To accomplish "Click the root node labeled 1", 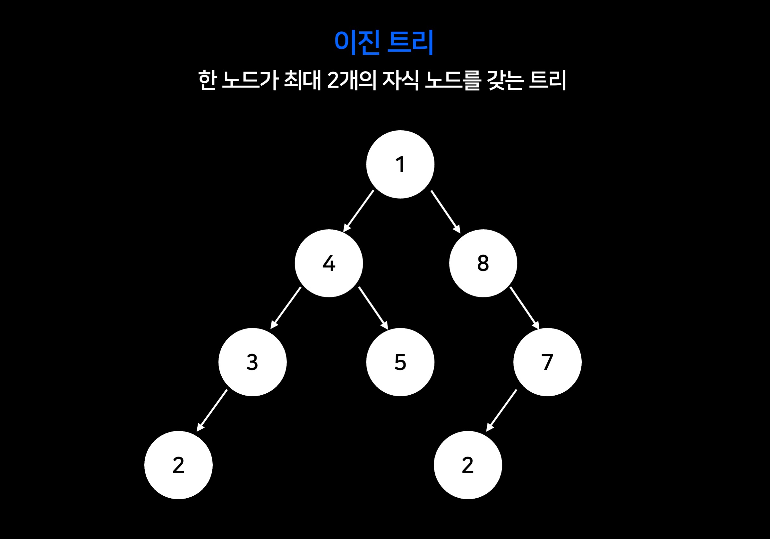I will [x=400, y=164].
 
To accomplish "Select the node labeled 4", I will [x=329, y=263].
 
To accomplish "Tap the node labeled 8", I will [x=483, y=263].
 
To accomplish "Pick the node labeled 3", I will [x=252, y=362].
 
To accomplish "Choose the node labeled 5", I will [x=400, y=362].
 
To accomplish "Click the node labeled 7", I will [x=547, y=362].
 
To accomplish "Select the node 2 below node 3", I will [x=178, y=465].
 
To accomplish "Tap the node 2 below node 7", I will [x=468, y=465].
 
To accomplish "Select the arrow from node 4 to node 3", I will [x=286, y=308].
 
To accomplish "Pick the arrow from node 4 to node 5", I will [x=373, y=308].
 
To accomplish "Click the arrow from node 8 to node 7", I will [x=525, y=308].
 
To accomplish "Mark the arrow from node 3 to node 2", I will [x=212, y=410].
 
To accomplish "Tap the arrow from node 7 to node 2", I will [x=502, y=410].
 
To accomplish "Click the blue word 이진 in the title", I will [x=357, y=43].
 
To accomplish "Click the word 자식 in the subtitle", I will [x=401, y=81].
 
